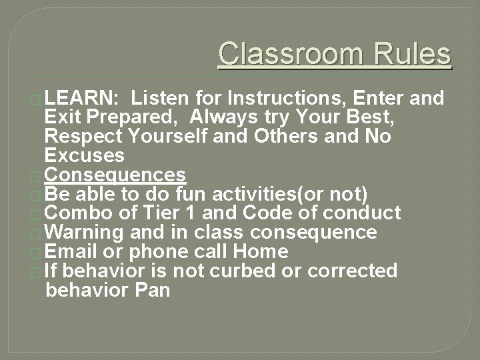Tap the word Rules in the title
pos(413,53)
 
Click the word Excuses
pos(84,156)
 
